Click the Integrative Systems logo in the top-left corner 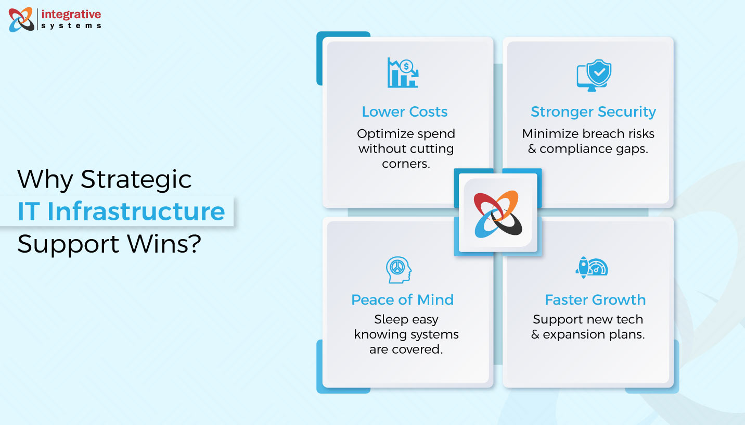(21, 19)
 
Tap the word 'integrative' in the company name (71, 14)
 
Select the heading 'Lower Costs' (404, 111)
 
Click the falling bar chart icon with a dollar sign (403, 73)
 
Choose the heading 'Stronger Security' (593, 111)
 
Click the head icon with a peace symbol (399, 270)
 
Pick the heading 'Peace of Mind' (402, 299)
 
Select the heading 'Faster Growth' (595, 299)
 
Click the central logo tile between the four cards (498, 213)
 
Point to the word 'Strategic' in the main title (136, 179)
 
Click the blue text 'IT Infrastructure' (121, 211)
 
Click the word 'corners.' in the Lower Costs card (406, 163)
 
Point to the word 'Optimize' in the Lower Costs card (383, 134)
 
